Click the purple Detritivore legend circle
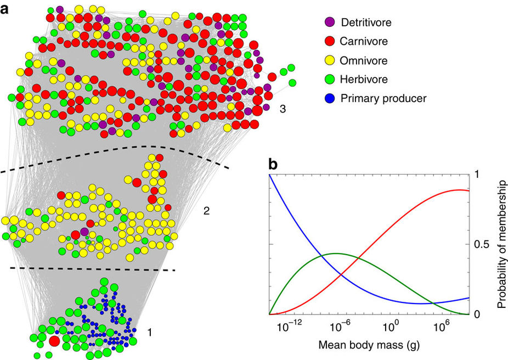330,22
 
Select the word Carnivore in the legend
364,41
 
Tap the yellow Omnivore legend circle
330,60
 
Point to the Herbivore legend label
364,79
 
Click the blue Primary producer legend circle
330,98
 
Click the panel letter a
4,9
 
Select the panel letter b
273,165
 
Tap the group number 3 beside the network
283,109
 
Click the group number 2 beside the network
206,211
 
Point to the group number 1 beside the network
150,332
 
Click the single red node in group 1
54,341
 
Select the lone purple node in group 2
84,232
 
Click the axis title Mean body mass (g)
369,345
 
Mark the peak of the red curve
459,189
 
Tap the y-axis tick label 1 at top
476,175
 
